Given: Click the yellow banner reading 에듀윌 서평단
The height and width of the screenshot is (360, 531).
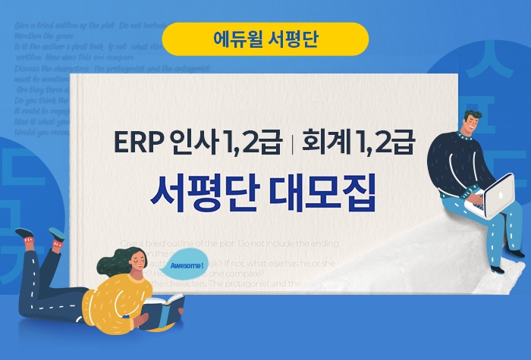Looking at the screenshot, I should (265, 39).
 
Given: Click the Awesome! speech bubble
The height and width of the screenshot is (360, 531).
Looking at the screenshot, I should (187, 266).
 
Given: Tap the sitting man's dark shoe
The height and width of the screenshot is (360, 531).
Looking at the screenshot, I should (497, 268).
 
